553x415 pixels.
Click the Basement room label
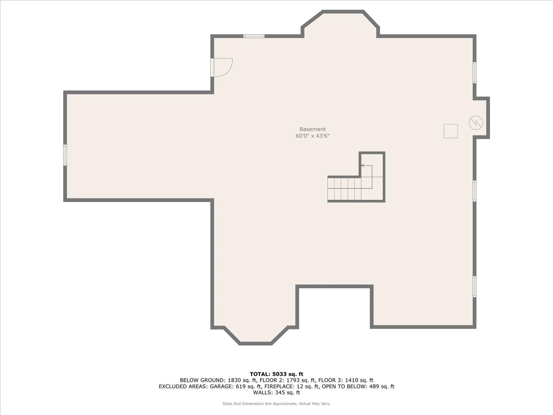312,129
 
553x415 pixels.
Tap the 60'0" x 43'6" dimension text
312,136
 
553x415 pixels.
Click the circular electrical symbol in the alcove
476,123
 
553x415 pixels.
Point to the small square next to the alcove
451,131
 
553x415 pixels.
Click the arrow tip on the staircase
362,166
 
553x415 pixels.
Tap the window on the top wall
254,36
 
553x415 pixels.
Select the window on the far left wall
65,155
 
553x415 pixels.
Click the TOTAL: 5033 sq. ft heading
276,374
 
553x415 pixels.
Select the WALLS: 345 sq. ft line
276,392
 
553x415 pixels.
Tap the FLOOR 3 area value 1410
351,380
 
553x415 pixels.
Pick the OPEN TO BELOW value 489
374,386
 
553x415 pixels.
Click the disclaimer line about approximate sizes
276,403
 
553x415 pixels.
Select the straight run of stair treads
344,189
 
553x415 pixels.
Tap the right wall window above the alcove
474,72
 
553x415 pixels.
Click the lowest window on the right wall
474,286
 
